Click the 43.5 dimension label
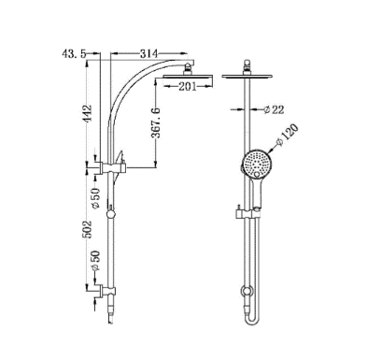74,54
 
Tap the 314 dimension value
149,53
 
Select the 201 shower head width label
188,87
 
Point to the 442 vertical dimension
89,114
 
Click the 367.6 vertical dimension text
155,122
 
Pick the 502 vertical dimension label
89,229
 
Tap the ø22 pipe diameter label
273,109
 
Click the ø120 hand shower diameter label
287,135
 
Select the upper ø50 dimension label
95,198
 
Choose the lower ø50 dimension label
95,261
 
